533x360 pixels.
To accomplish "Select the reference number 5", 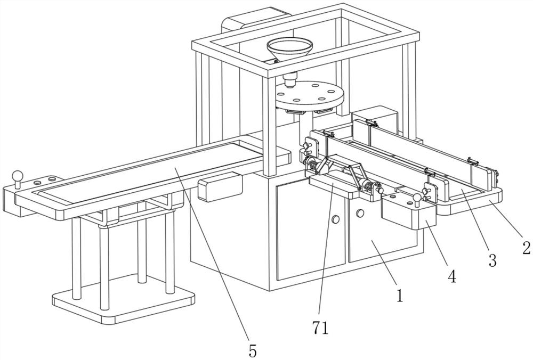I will click(252, 350).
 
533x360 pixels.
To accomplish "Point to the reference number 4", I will click(451, 277).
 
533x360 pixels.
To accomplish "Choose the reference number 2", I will click(526, 248).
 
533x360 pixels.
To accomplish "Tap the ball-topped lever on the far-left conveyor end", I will click(19, 177).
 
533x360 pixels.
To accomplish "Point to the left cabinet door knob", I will click(336, 219).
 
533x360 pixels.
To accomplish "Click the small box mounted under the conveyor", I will click(220, 187).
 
